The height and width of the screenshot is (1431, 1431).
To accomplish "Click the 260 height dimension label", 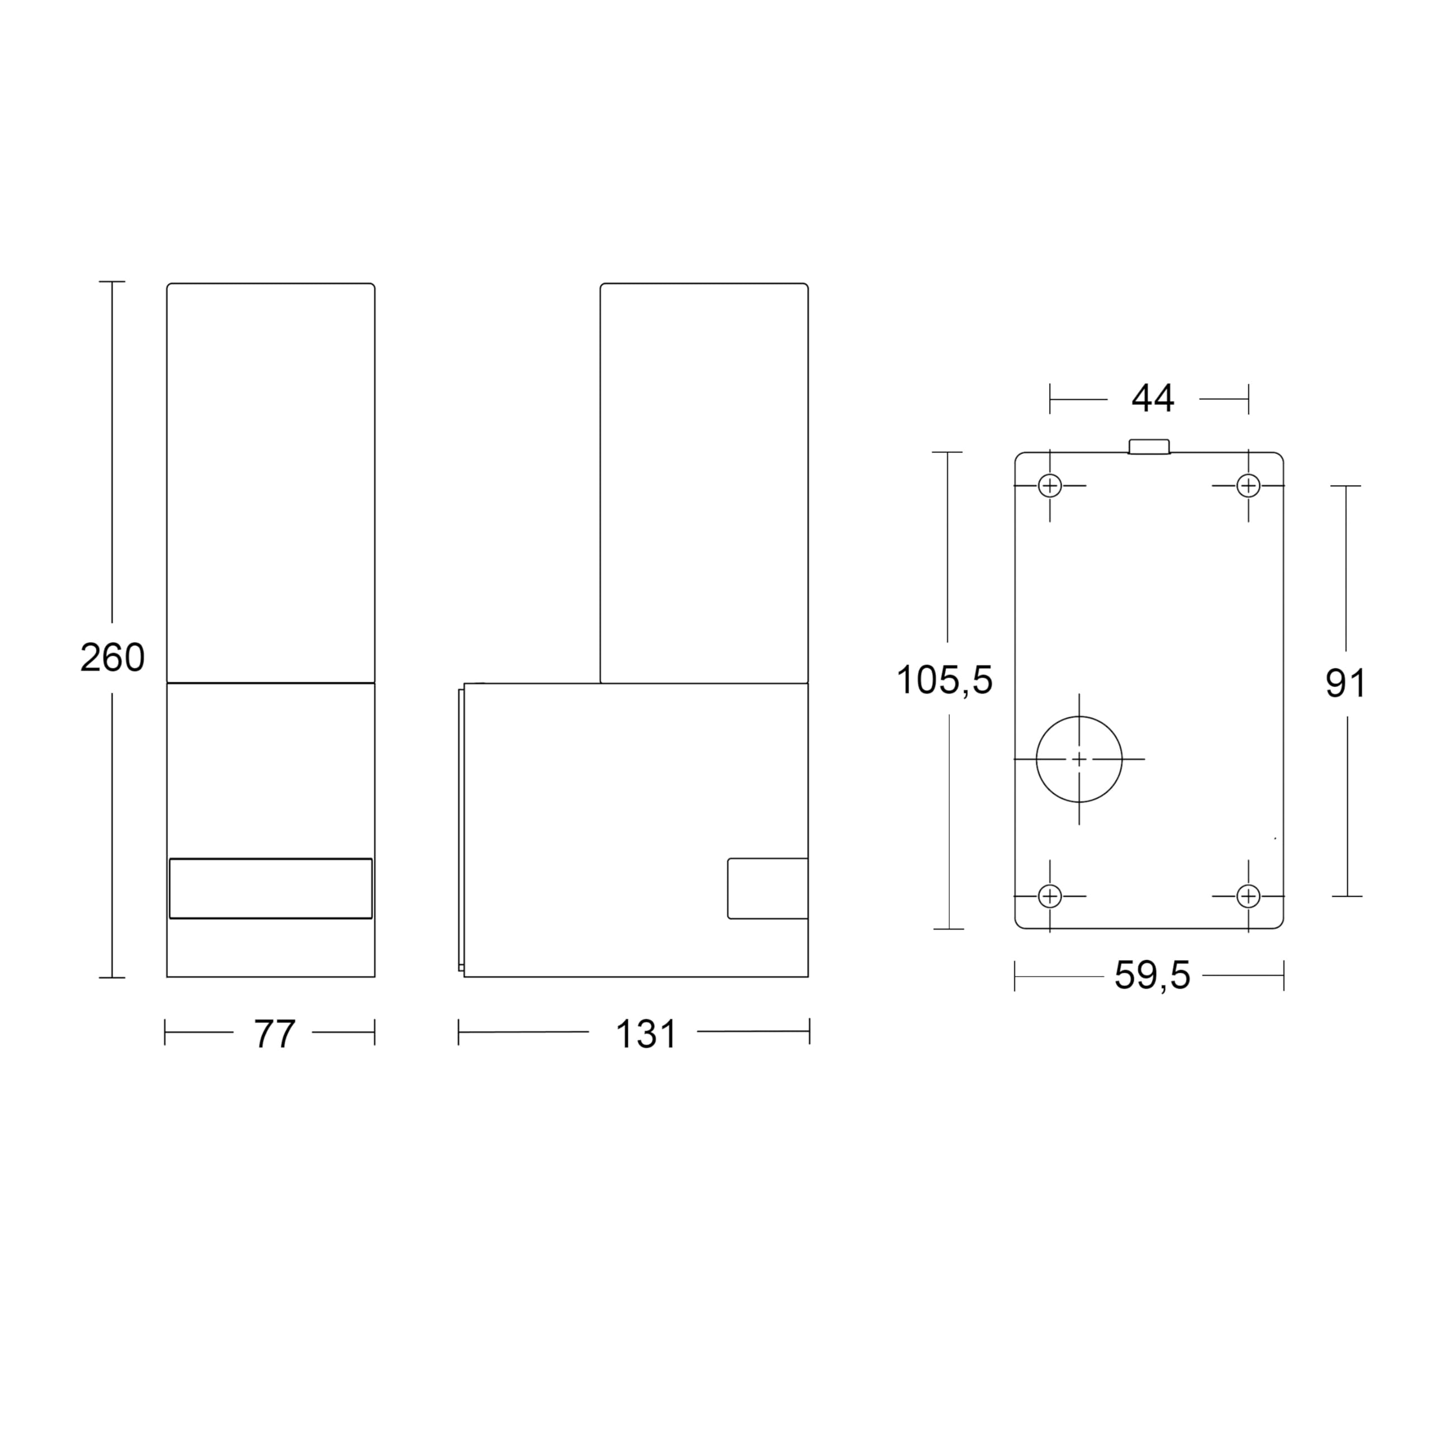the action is (112, 658).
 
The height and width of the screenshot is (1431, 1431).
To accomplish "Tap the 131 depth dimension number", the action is (646, 1034).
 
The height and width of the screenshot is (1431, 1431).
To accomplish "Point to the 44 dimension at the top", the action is (1153, 399).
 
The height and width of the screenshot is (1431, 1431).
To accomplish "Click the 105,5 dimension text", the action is (944, 679).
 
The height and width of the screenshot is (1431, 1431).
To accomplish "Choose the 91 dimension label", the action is (1345, 684).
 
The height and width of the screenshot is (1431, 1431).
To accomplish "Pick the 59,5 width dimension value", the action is (1153, 975).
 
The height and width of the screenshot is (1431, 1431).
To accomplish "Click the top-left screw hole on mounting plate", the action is (1050, 486).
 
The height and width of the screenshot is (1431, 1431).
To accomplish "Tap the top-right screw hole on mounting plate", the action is (1248, 486).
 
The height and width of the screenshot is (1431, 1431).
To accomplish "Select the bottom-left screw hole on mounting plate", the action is (1050, 896).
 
